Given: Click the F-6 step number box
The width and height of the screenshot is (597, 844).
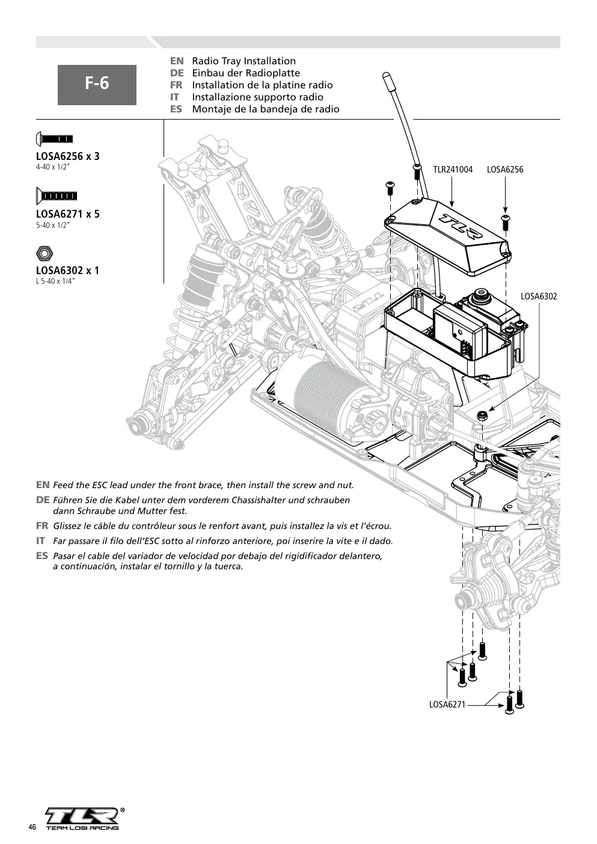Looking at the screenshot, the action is click(97, 85).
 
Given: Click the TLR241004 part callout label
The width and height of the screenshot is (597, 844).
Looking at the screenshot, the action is click(453, 170).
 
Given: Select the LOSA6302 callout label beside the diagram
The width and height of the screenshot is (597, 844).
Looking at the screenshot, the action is click(539, 296).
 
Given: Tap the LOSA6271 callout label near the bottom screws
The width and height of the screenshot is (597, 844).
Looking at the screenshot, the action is click(447, 704).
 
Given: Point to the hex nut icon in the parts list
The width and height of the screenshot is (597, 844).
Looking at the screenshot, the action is click(44, 253).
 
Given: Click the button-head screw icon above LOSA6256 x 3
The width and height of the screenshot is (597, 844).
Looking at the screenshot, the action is click(54, 139).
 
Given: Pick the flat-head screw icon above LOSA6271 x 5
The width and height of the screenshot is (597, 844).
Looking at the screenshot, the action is click(56, 196).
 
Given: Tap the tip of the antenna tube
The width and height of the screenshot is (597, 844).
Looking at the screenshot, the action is click(385, 75).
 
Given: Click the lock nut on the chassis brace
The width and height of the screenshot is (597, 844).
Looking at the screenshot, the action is click(482, 415).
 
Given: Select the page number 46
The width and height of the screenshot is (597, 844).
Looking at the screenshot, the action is click(32, 827).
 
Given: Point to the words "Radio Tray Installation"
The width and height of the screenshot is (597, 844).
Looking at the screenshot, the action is click(244, 61).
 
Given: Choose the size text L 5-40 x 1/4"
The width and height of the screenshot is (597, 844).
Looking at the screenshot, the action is click(55, 281).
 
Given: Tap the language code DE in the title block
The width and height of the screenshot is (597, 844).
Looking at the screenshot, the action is click(177, 73).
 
